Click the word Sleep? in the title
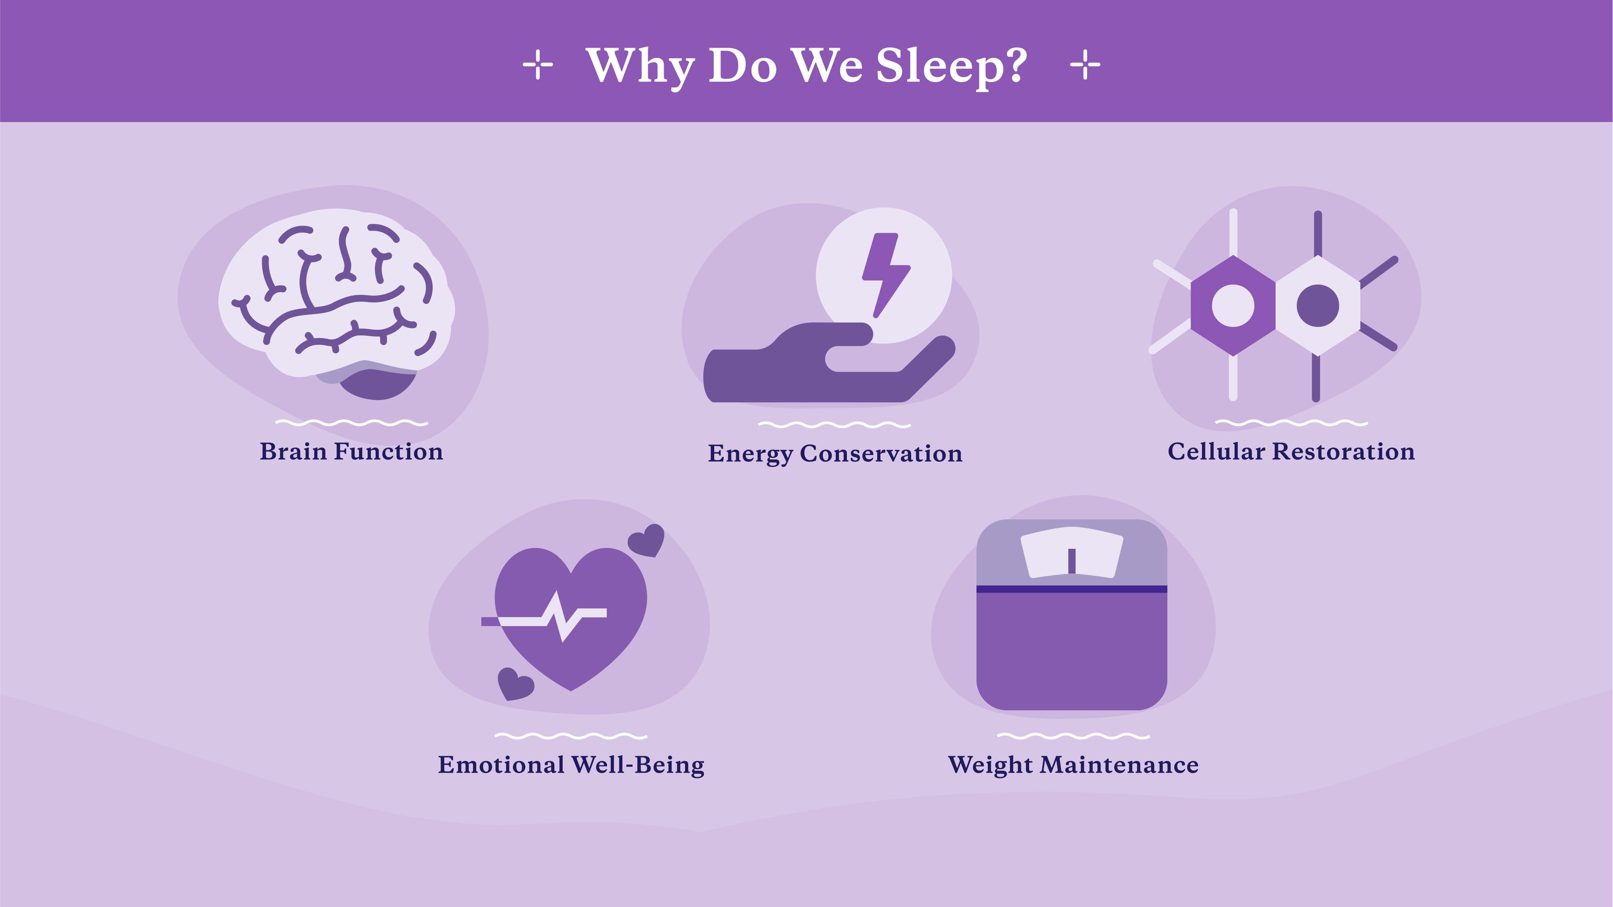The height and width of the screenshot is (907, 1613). pos(951,66)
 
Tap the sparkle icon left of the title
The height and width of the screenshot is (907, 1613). pos(538,65)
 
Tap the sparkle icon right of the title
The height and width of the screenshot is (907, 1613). pos(1085,65)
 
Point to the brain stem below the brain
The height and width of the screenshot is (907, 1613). pos(378,383)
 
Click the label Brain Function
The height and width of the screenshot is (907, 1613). pos(351,451)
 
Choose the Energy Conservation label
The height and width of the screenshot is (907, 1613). pos(835,454)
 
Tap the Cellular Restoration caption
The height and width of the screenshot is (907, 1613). pos(1291,451)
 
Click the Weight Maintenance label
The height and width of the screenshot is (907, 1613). pos(1073,765)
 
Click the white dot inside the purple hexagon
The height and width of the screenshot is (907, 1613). pos(1233,306)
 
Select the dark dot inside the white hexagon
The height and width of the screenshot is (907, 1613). pos(1317,306)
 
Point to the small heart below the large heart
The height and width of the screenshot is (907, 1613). pos(515,684)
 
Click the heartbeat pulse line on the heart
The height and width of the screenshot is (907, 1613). pos(544,617)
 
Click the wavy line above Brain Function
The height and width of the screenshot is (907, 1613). pos(352,423)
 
